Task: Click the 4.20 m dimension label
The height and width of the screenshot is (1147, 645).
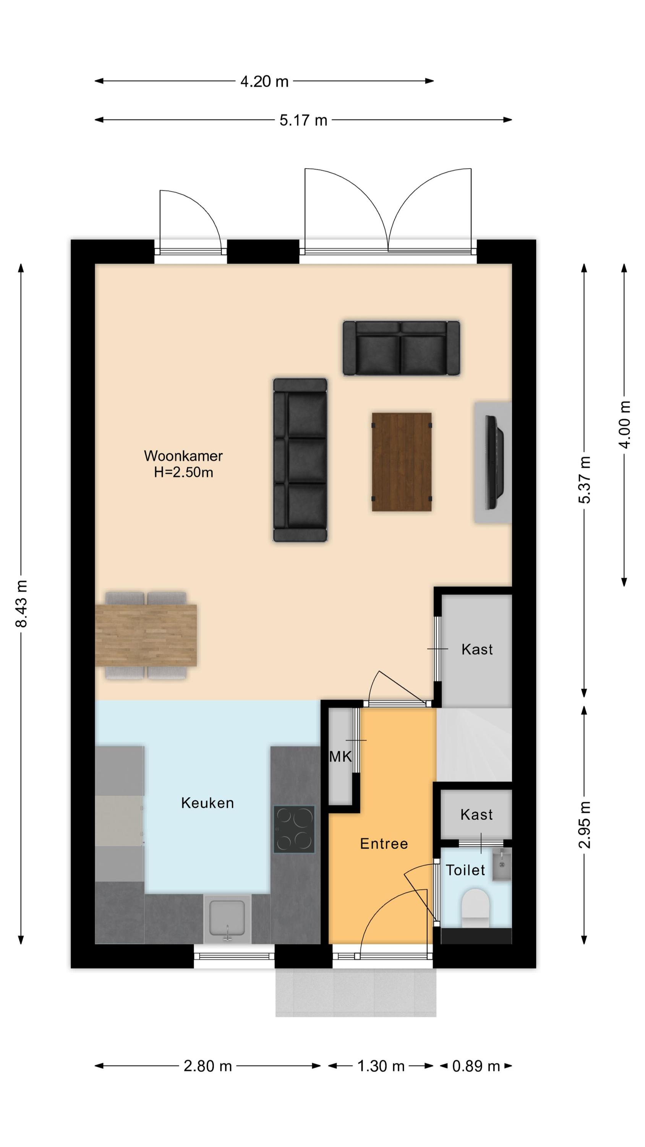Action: click(x=264, y=81)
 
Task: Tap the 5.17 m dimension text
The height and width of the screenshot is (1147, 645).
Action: click(x=303, y=120)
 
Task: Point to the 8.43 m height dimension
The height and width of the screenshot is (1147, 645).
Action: click(x=21, y=603)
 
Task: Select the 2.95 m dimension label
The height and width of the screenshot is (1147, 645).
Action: click(x=585, y=825)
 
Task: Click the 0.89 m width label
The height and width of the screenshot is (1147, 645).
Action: click(x=476, y=1066)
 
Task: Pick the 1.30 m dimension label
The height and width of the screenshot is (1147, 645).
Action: click(x=381, y=1066)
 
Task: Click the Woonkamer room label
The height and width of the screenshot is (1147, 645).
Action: click(x=183, y=456)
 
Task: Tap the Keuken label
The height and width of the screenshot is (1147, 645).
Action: click(x=207, y=803)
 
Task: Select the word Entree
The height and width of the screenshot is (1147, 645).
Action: click(x=384, y=844)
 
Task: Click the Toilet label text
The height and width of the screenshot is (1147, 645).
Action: click(x=465, y=870)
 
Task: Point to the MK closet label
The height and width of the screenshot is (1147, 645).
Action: click(x=340, y=757)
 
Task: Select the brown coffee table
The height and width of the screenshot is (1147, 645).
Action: click(x=402, y=462)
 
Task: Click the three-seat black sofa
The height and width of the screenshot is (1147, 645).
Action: click(x=300, y=460)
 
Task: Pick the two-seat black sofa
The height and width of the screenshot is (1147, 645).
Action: click(x=401, y=348)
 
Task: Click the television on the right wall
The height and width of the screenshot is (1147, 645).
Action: click(x=495, y=462)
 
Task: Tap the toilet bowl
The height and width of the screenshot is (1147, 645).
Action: click(x=475, y=909)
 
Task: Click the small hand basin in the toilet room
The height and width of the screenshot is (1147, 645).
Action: click(x=502, y=865)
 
